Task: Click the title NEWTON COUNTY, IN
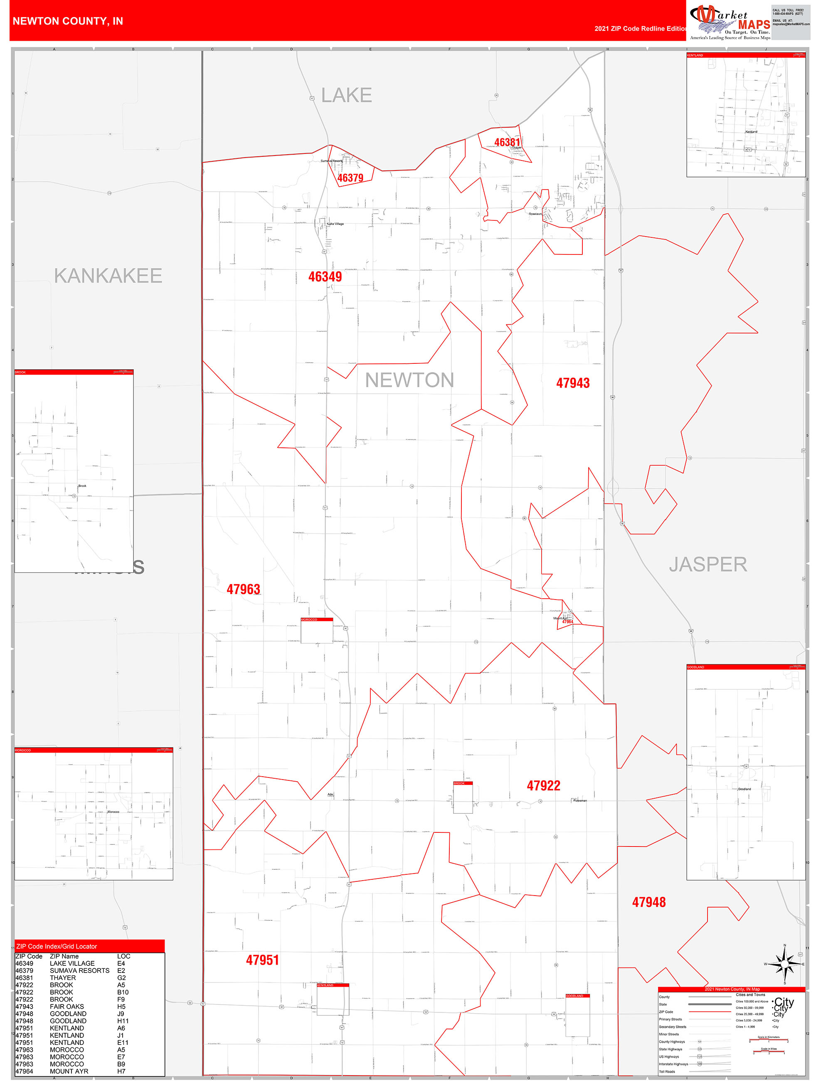tap(67, 21)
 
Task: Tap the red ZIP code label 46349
tap(325, 276)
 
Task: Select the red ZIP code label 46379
tap(350, 178)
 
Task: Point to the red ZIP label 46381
tap(507, 142)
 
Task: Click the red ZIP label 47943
tap(573, 383)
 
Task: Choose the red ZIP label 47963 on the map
tap(243, 590)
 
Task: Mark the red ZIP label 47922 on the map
tap(543, 786)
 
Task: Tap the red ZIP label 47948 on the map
tap(648, 902)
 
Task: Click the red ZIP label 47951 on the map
tap(262, 960)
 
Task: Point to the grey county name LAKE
tap(346, 95)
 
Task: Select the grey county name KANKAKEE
tap(108, 276)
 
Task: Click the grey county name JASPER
tap(708, 565)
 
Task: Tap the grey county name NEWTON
tap(409, 380)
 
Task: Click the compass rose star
tap(785, 964)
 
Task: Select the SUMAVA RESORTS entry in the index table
tap(80, 970)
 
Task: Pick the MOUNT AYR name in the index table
tap(69, 1071)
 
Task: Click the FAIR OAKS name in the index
tap(67, 1007)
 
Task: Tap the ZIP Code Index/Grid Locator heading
tap(57, 947)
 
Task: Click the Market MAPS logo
tap(730, 22)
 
